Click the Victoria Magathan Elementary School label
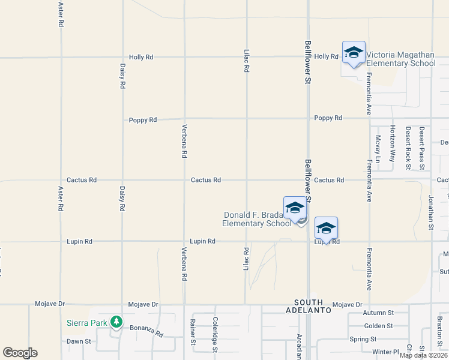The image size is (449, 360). click(401, 58)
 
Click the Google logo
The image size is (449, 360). click(20, 353)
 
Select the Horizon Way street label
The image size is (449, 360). click(393, 144)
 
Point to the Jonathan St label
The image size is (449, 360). click(431, 212)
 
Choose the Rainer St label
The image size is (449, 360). click(193, 335)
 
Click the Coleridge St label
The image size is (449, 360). click(215, 334)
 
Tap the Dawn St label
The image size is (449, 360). click(79, 341)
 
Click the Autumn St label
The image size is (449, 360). click(378, 313)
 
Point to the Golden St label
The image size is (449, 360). click(379, 326)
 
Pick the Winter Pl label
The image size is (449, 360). click(385, 352)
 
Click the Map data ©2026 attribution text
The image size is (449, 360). click(423, 355)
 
